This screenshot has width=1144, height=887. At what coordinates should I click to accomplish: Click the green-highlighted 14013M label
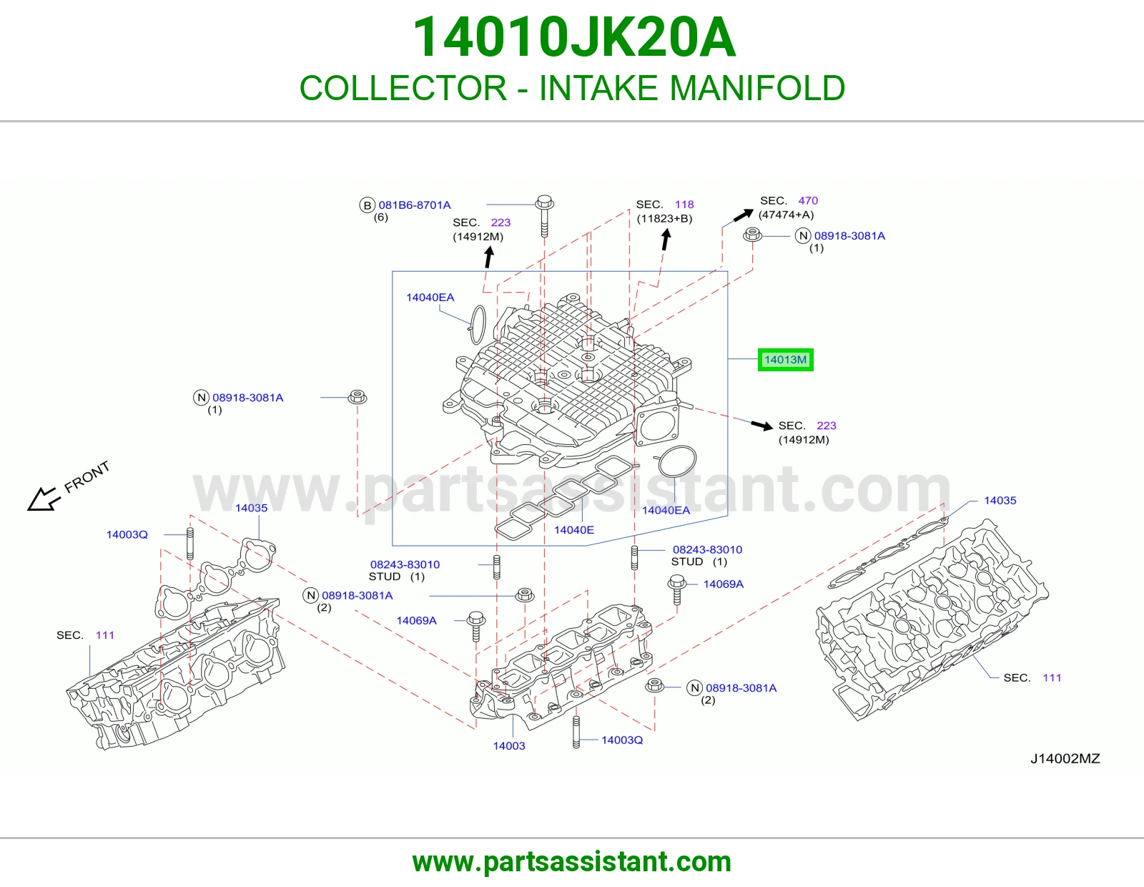pyautogui.click(x=785, y=360)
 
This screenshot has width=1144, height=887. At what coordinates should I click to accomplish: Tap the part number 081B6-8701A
pyautogui.click(x=414, y=205)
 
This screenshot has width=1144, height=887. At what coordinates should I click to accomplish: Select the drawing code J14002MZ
pyautogui.click(x=1065, y=758)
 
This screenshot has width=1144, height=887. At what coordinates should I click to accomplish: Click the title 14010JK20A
pyautogui.click(x=574, y=37)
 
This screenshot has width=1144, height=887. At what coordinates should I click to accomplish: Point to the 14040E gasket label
pyautogui.click(x=574, y=530)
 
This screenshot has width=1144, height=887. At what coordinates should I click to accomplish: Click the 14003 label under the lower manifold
pyautogui.click(x=508, y=746)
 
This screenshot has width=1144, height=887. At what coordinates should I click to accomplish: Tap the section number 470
pyautogui.click(x=807, y=201)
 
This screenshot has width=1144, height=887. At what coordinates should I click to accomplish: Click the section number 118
pyautogui.click(x=684, y=205)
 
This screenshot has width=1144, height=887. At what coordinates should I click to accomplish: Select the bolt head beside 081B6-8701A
pyautogui.click(x=544, y=202)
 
